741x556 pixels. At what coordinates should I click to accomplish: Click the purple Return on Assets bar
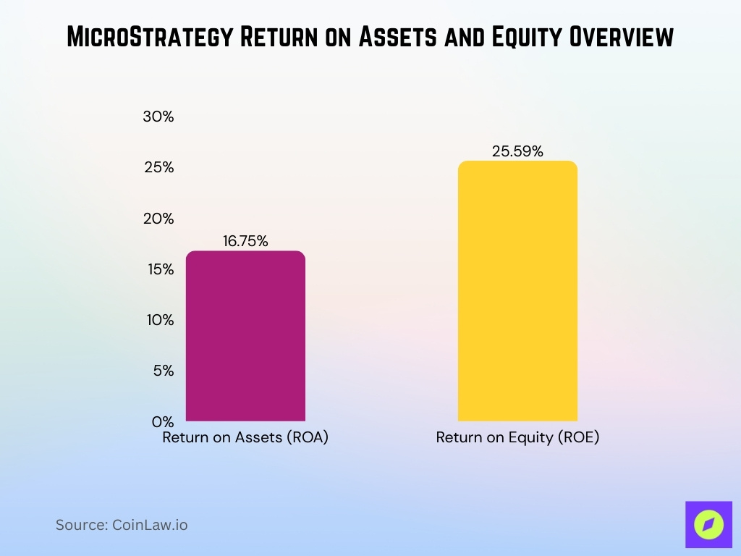click(245, 337)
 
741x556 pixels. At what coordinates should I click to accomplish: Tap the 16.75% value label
click(245, 242)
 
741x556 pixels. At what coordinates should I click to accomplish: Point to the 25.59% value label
click(517, 151)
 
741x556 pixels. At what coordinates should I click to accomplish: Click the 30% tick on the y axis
click(159, 117)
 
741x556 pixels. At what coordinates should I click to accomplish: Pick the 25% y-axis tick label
click(159, 167)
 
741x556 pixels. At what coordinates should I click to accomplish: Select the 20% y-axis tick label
click(159, 219)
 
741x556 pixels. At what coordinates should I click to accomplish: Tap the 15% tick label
click(159, 269)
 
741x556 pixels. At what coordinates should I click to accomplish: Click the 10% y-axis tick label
click(159, 320)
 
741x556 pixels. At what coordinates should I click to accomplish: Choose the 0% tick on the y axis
click(162, 421)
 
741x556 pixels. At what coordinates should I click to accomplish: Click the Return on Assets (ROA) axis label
click(245, 438)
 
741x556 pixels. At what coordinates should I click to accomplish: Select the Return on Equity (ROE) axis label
click(517, 438)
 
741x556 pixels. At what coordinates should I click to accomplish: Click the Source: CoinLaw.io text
click(122, 525)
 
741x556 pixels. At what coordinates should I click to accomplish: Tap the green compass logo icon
click(708, 524)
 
